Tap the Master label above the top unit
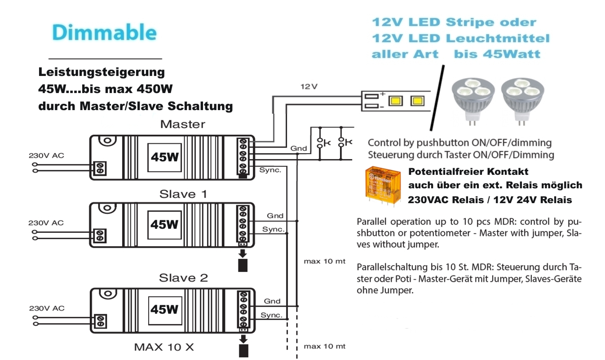tap(182, 124)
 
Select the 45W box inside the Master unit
tap(164, 157)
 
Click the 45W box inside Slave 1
tap(164, 225)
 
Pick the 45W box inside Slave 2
tap(164, 310)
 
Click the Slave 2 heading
tap(184, 278)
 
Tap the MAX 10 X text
tap(164, 347)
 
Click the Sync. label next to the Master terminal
tap(270, 170)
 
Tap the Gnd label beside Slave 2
tap(272, 301)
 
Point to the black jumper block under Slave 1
tap(243, 265)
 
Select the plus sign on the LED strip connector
tap(383, 94)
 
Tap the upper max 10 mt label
tap(324, 262)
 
